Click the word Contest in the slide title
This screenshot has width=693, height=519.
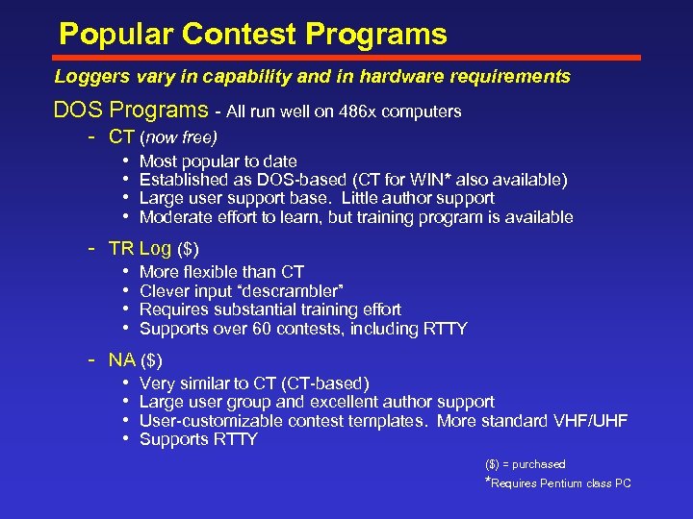coord(238,35)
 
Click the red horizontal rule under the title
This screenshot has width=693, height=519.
coord(346,58)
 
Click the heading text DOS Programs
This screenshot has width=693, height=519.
coord(130,111)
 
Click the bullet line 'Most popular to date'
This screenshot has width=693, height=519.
coord(218,161)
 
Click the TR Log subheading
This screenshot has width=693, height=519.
coord(139,249)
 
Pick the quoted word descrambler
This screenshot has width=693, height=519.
coord(293,291)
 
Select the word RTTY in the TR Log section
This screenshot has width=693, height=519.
coord(445,329)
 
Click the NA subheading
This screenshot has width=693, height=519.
coord(121,360)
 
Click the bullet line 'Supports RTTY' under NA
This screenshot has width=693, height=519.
coord(198,439)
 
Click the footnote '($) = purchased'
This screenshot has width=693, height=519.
coord(525,464)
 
